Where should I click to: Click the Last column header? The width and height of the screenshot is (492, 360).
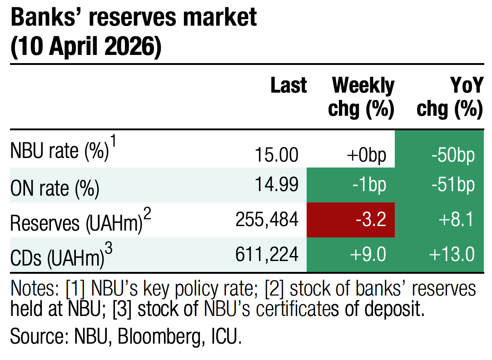pyautogui.click(x=288, y=85)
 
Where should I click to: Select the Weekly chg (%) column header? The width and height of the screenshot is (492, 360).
pyautogui.click(x=363, y=97)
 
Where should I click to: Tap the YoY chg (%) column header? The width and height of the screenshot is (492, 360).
pyautogui.click(x=449, y=97)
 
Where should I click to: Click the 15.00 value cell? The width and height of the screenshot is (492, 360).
pyautogui.click(x=276, y=155)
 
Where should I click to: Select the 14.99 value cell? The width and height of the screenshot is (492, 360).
pyautogui.click(x=276, y=184)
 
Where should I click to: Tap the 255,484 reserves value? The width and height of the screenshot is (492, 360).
pyautogui.click(x=267, y=220)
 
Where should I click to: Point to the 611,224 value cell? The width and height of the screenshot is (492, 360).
pyautogui.click(x=267, y=255)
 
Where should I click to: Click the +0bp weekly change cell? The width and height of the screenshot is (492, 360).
pyautogui.click(x=366, y=155)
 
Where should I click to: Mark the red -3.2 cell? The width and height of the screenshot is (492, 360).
pyautogui.click(x=371, y=220)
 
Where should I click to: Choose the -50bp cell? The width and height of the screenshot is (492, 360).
pyautogui.click(x=452, y=155)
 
